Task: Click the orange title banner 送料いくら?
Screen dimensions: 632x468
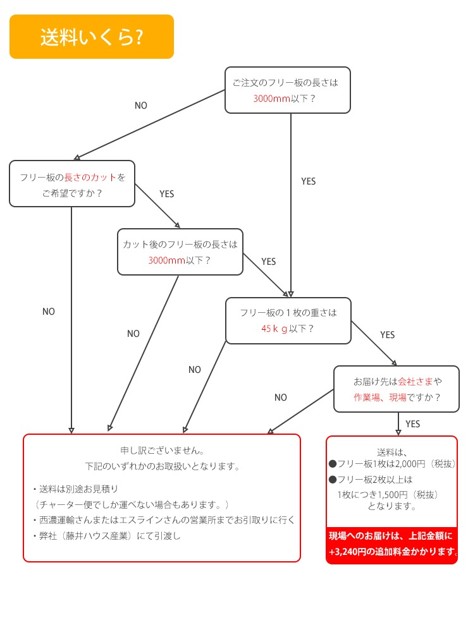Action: (91, 37)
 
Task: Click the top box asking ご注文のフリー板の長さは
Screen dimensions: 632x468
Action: (288, 90)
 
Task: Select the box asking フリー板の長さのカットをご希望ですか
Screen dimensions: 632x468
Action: (72, 183)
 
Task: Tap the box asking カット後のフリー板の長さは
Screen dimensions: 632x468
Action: (180, 252)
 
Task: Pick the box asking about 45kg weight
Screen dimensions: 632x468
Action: (288, 320)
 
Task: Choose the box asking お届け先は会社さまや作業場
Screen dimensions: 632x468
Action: (397, 389)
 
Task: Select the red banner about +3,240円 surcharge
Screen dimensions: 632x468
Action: (392, 544)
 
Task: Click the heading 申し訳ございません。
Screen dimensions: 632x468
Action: (162, 451)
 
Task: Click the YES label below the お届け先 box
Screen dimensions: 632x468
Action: (412, 423)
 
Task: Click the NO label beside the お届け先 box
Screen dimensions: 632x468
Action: (281, 398)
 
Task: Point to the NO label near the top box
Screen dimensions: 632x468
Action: (140, 106)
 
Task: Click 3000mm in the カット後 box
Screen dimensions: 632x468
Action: (166, 260)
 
